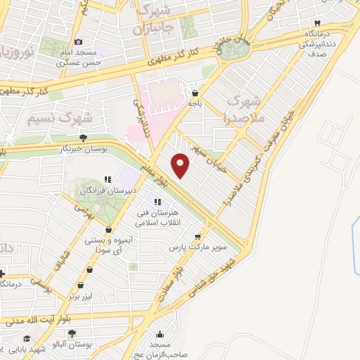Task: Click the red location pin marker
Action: pyautogui.click(x=181, y=165)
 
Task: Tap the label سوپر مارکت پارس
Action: pyautogui.click(x=199, y=247)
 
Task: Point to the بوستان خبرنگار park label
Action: pyautogui.click(x=84, y=148)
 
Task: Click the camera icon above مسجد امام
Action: pyautogui.click(x=78, y=41)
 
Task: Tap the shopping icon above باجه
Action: pyautogui.click(x=195, y=91)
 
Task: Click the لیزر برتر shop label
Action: pyautogui.click(x=82, y=297)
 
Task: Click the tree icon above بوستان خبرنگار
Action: pyautogui.click(x=84, y=138)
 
